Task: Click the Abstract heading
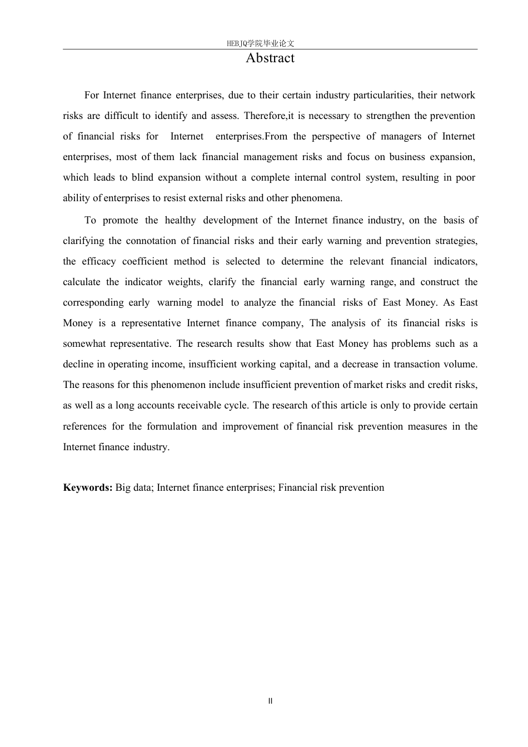tap(270, 58)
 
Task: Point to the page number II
tap(270, 701)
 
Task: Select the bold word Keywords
tap(88, 487)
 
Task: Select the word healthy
tap(180, 220)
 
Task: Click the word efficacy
tap(98, 261)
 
